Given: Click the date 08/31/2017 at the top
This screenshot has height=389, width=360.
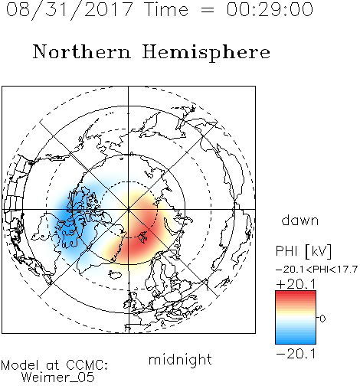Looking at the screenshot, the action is [x=69, y=9].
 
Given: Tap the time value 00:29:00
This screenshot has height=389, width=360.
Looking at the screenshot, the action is [x=270, y=9].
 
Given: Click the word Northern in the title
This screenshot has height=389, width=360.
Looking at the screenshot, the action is [x=82, y=52].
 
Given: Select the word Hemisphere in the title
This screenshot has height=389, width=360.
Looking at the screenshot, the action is [x=206, y=53].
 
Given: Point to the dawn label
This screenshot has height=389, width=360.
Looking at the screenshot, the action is [x=300, y=220].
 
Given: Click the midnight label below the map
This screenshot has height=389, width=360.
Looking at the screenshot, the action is [x=180, y=360].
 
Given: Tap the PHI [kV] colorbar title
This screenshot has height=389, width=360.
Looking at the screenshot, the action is [x=303, y=251].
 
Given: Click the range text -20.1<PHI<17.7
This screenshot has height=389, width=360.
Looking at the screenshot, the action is [x=316, y=270].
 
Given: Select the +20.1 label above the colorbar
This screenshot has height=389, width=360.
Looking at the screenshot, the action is [x=296, y=284].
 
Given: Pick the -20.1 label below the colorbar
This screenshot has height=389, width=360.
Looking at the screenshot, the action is [x=296, y=354].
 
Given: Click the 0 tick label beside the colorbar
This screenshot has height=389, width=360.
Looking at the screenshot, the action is [x=322, y=319].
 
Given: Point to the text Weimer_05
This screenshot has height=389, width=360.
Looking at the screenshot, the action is [x=58, y=378].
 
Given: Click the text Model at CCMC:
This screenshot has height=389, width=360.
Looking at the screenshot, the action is [x=54, y=365].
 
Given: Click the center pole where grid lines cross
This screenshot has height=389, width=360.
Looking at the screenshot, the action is [x=129, y=209].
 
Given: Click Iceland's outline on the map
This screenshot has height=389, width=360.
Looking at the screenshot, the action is [x=115, y=275].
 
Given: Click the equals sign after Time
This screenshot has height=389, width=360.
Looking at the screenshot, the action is [x=208, y=10].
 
